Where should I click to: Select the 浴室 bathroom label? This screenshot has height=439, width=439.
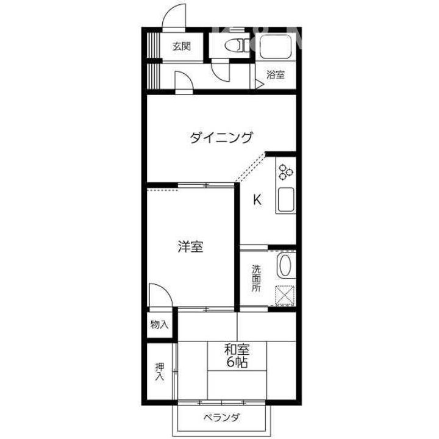coord(276,75)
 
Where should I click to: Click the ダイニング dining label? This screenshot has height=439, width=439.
coord(221,138)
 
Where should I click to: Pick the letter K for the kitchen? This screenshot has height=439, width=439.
coord(257,199)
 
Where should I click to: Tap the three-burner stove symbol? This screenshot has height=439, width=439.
coord(285,173)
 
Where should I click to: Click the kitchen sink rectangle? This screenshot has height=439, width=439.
coord(285,200)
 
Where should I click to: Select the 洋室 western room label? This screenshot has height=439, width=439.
coord(190,247)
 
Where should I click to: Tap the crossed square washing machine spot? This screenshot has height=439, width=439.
coord(285,295)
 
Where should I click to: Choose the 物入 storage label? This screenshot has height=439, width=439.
coord(160,324)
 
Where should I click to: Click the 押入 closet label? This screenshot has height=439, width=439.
coord(160,371)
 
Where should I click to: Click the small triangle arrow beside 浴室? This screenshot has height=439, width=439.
coord(259,84)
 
